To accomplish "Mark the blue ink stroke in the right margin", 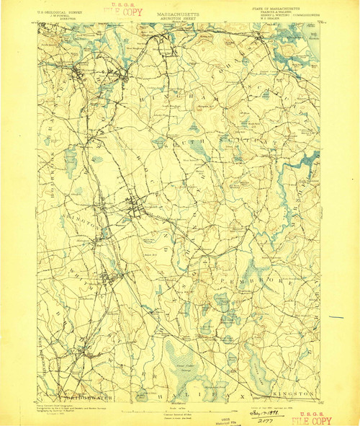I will coord(336,317).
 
